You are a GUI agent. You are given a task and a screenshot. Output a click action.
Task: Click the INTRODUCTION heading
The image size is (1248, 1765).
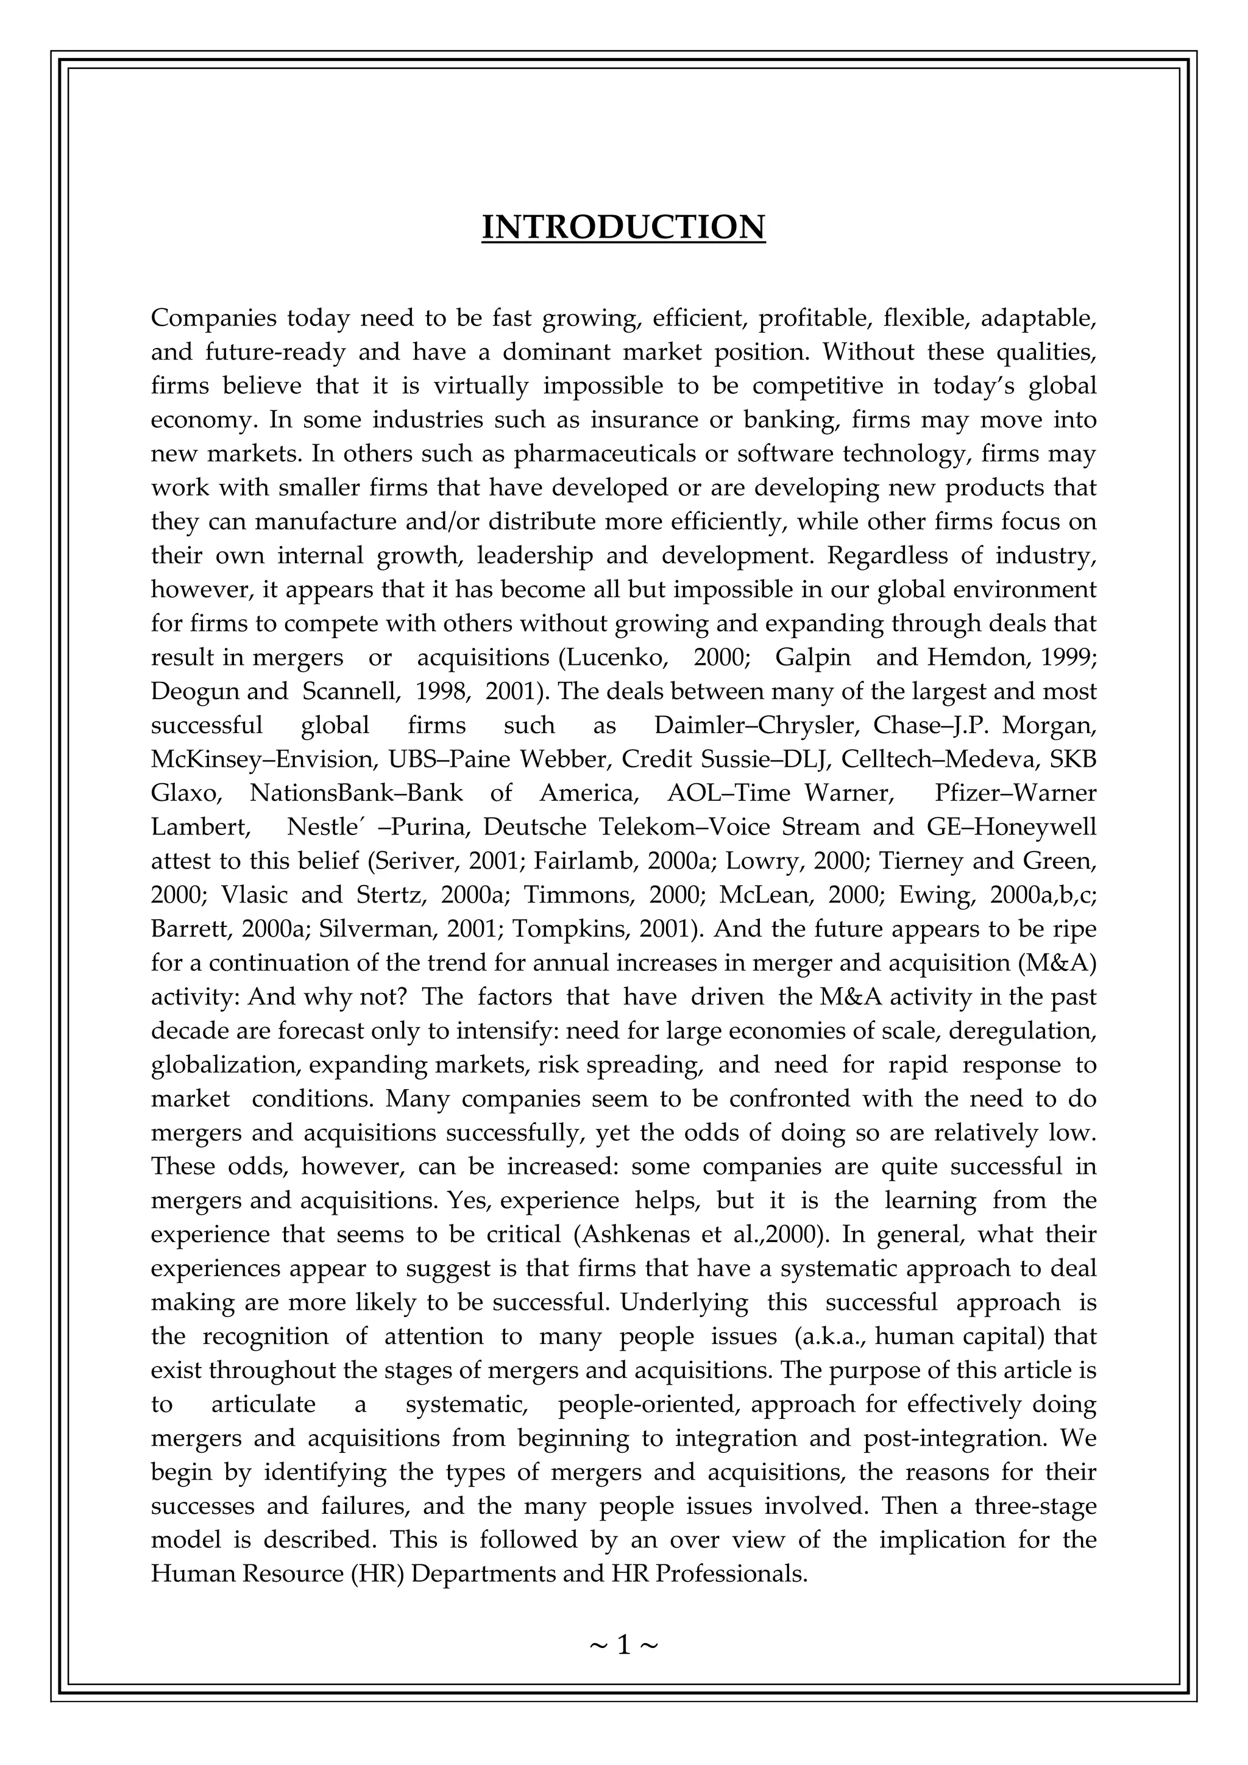[x=623, y=227]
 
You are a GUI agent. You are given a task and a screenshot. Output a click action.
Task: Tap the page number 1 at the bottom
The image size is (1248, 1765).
[x=623, y=1645]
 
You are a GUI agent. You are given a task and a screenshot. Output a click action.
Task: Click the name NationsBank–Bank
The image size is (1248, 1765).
[x=356, y=794]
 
